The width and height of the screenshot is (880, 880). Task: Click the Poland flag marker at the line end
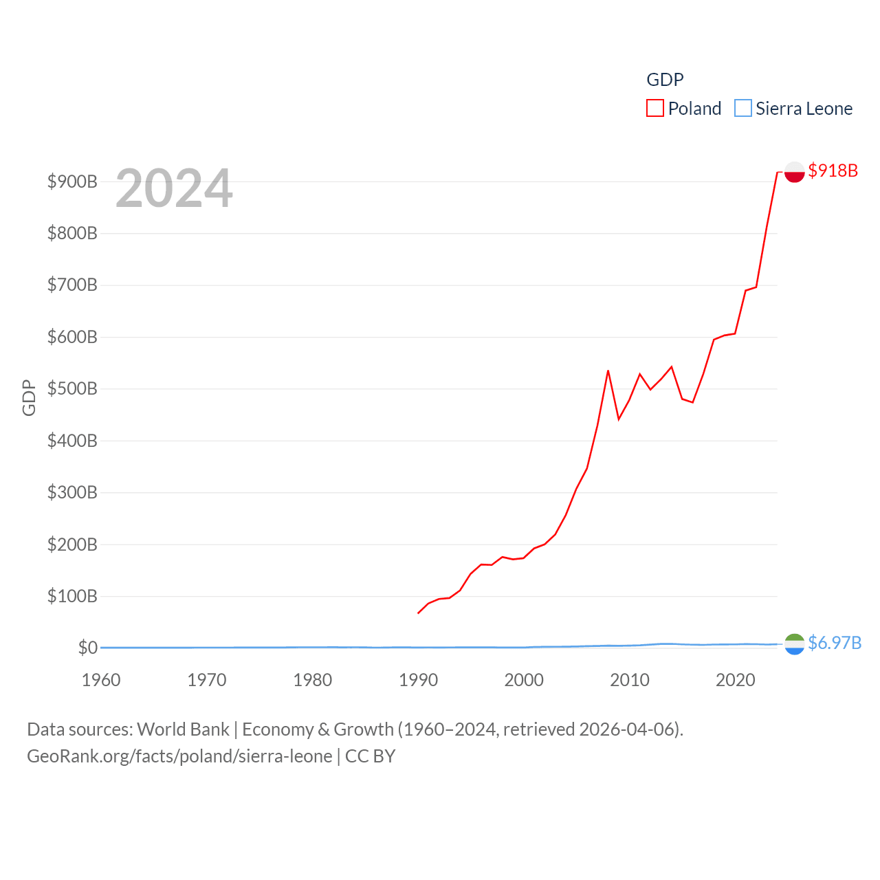click(794, 172)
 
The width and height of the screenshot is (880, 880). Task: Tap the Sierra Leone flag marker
click(794, 644)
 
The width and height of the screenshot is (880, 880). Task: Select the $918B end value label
click(833, 170)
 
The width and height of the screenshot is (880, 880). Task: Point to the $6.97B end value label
click(835, 643)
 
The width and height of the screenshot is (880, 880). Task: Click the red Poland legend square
click(654, 109)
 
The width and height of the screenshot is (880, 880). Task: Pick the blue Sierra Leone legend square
click(742, 109)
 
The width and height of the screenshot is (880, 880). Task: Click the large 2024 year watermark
click(174, 188)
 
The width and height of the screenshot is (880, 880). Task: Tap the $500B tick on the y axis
click(72, 389)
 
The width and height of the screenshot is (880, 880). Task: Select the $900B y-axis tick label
click(72, 181)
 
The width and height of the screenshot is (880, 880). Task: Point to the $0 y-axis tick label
click(87, 648)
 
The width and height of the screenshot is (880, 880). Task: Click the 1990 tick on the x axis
click(418, 680)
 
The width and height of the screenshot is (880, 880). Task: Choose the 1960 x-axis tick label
click(101, 680)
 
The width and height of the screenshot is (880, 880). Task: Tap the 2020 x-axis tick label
click(735, 680)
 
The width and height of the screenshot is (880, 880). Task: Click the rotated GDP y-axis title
click(29, 397)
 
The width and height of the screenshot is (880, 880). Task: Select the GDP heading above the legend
click(665, 80)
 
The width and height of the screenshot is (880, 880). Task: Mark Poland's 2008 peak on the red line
click(608, 371)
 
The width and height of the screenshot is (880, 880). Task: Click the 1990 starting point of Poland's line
click(418, 613)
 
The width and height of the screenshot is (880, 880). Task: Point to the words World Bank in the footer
click(183, 729)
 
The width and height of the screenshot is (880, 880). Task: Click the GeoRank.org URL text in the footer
click(179, 756)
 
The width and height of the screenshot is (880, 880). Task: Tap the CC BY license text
click(370, 756)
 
